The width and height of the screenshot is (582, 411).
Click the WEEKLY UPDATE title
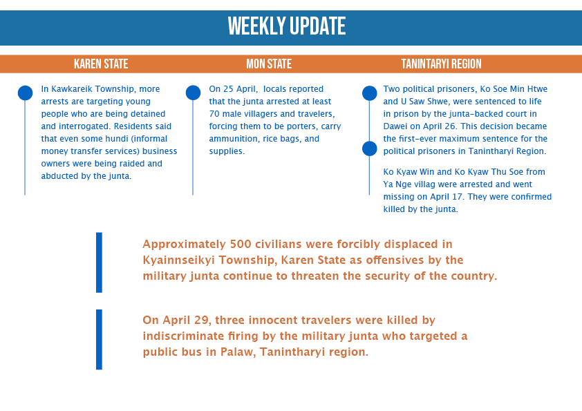pyautogui.click(x=287, y=26)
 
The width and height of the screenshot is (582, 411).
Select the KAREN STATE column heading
pyautogui.click(x=101, y=64)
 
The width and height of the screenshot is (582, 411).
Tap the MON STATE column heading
pyautogui.click(x=269, y=64)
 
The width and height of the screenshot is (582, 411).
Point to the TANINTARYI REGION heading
pyautogui.click(x=441, y=64)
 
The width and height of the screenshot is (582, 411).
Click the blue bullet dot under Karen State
pyautogui.click(x=26, y=93)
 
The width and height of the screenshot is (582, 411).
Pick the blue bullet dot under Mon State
pyautogui.click(x=193, y=93)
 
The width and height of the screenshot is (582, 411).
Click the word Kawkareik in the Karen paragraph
pyautogui.click(x=70, y=89)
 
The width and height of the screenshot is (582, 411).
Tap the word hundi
pyautogui.click(x=115, y=139)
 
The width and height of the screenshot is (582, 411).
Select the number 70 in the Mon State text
pyautogui.click(x=214, y=114)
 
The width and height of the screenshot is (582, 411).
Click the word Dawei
pyautogui.click(x=395, y=126)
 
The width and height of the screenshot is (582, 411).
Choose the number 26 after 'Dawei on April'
pyautogui.click(x=450, y=126)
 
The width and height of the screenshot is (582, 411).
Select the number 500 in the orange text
pyautogui.click(x=241, y=244)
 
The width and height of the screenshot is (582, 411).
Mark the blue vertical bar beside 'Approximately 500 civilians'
pyautogui.click(x=99, y=262)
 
